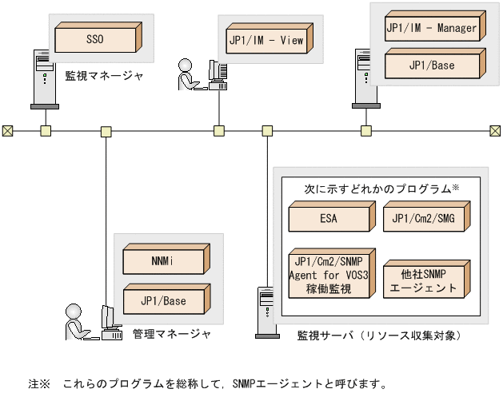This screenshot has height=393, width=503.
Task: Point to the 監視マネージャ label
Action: [104, 76]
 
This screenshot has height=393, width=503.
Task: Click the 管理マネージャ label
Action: [172, 334]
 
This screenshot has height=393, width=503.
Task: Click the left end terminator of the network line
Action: [7, 130]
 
